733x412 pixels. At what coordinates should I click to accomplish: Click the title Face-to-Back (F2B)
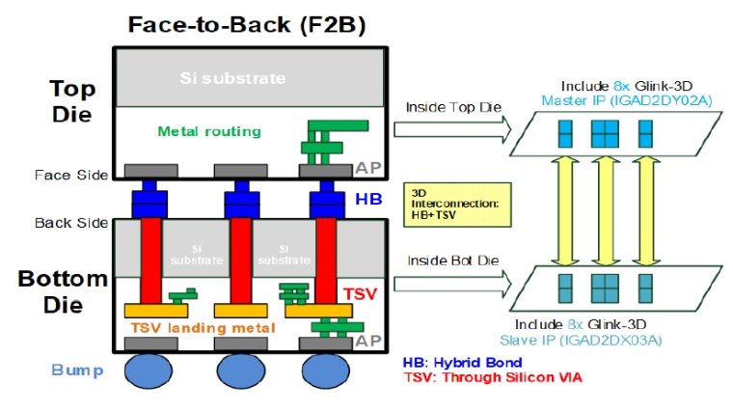coord(246,25)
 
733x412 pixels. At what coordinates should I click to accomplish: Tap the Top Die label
coord(73,101)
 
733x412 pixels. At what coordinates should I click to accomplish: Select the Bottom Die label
coord(63,291)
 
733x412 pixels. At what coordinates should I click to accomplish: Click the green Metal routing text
coord(209,131)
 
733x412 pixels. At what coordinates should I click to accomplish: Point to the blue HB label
coord(368,199)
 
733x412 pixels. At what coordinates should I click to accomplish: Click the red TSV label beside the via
coord(360,294)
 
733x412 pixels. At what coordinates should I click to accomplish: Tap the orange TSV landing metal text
coord(203,328)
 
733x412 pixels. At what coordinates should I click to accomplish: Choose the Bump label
coord(77,370)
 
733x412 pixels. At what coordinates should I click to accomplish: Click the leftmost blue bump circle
coord(149,371)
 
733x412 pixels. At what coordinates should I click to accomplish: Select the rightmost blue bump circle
coord(325,371)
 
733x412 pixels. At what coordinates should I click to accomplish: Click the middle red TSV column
coord(241,261)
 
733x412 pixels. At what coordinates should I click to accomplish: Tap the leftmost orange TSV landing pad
coord(156,311)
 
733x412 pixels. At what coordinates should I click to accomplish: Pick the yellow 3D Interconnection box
coord(457,205)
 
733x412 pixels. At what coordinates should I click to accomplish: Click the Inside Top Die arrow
coord(452,129)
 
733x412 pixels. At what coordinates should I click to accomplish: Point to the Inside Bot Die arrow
coord(452,284)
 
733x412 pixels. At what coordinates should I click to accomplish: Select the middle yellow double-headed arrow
coord(606,211)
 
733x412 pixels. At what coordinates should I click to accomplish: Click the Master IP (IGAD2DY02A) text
coord(627,100)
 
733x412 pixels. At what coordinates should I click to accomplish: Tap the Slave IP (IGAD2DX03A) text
coord(581,340)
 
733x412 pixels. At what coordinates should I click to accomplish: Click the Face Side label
coord(71,175)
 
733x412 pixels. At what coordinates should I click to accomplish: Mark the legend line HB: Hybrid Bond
coord(462,363)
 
